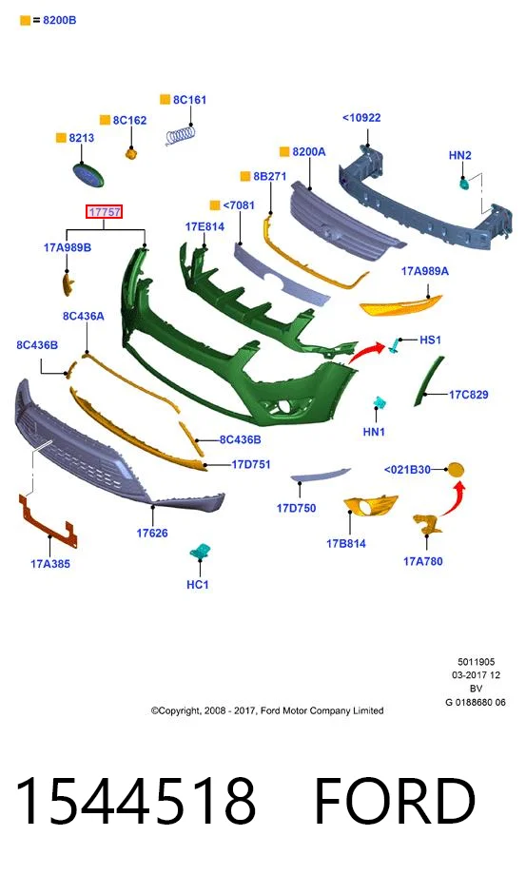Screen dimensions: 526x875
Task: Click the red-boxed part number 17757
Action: [104, 212]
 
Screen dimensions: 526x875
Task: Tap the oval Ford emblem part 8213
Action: [88, 175]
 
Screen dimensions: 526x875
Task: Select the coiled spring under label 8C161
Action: [182, 136]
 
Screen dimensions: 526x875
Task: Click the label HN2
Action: [459, 155]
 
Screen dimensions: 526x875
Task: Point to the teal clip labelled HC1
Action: [200, 552]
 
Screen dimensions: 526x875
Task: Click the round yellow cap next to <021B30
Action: [456, 470]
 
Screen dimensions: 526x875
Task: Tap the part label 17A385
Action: [50, 564]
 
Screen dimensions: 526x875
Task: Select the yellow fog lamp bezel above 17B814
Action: [369, 506]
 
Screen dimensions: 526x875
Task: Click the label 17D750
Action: [296, 509]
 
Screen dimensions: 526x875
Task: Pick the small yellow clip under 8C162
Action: [131, 153]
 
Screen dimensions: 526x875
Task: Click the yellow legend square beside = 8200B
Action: [25, 21]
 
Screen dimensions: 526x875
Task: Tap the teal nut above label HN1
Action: [380, 402]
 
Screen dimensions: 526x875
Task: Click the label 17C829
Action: [469, 395]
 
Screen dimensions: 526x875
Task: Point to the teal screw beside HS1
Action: [395, 346]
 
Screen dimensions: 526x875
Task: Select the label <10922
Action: [361, 118]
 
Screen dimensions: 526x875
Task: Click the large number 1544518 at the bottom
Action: [136, 800]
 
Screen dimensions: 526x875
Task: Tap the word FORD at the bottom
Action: [396, 800]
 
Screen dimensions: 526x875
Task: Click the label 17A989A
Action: [425, 271]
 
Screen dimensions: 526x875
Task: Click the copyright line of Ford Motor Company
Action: [267, 711]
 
